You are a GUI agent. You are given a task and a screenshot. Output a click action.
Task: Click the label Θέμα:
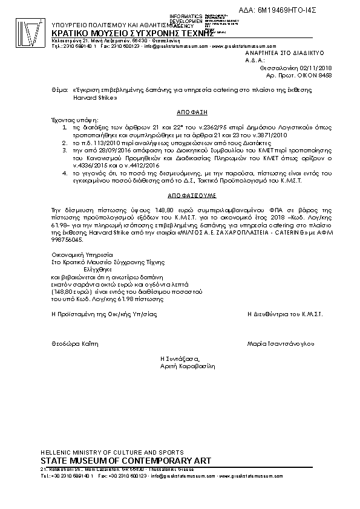point(60,89)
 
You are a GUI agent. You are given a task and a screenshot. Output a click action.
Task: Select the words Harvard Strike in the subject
point(92,97)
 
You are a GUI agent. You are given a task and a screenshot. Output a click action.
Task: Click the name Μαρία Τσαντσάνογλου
point(281,343)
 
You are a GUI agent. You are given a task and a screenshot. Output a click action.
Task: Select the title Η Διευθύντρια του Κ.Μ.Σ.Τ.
point(285,314)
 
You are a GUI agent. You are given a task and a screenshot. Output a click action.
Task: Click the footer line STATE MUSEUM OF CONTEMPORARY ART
point(125,461)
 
